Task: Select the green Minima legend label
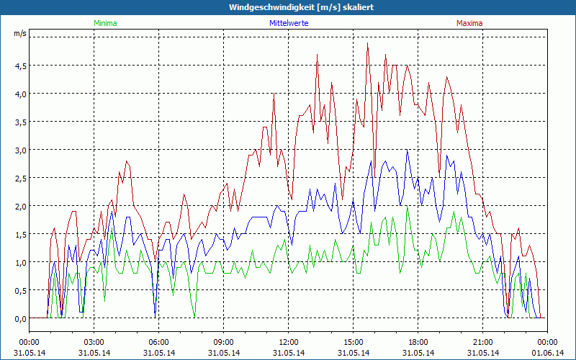click(x=104, y=23)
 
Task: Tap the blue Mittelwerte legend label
click(x=288, y=23)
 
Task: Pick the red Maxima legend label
click(x=469, y=23)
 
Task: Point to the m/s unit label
click(x=19, y=33)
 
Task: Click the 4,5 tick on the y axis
click(x=19, y=66)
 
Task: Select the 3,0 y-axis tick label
click(x=19, y=150)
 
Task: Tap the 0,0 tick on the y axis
click(x=19, y=318)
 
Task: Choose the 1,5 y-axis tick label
click(x=19, y=234)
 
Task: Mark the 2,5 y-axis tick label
click(x=19, y=178)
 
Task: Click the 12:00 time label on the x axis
click(x=288, y=342)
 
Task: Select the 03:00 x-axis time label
click(x=94, y=342)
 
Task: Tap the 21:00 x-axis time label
click(x=482, y=342)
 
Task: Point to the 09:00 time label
click(x=223, y=342)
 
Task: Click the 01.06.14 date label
click(x=547, y=353)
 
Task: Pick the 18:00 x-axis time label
click(x=418, y=342)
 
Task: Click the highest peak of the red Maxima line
click(x=367, y=43)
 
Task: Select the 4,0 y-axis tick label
click(x=19, y=94)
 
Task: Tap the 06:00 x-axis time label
click(x=158, y=342)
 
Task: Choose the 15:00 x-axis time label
click(x=353, y=342)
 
